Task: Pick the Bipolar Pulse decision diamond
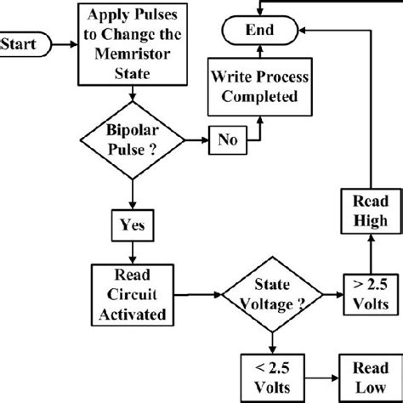point(131,139)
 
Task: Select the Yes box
point(131,225)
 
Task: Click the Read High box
point(366,213)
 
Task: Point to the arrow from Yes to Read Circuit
point(131,252)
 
